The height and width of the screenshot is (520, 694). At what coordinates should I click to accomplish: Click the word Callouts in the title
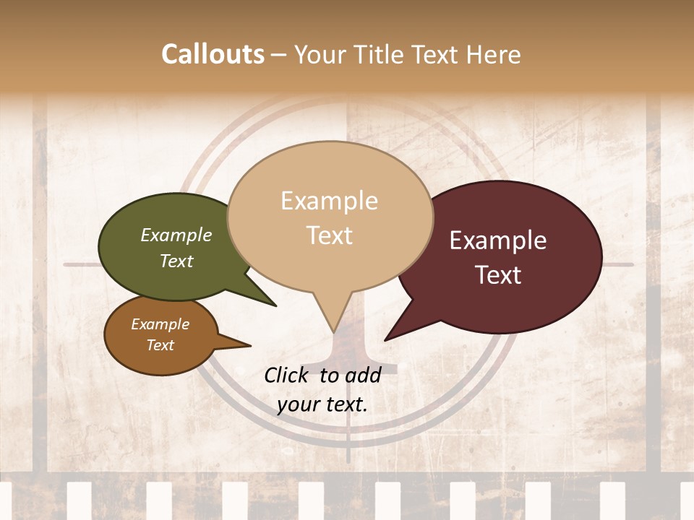pos(213,54)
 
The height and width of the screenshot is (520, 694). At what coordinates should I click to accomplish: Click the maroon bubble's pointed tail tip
pos(386,339)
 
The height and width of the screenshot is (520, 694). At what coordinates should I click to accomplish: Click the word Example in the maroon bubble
pos(498,240)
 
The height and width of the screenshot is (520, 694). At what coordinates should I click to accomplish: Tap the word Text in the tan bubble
pos(330,235)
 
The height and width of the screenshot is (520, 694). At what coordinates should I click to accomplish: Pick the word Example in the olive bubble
pos(176,235)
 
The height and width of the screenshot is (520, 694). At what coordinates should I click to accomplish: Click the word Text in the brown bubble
pos(160,345)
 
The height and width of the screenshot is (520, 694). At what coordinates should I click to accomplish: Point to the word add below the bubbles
pos(361,375)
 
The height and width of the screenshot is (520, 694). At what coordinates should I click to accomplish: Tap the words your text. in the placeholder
pos(322,404)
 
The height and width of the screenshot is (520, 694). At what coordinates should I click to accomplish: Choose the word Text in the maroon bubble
pos(499,275)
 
